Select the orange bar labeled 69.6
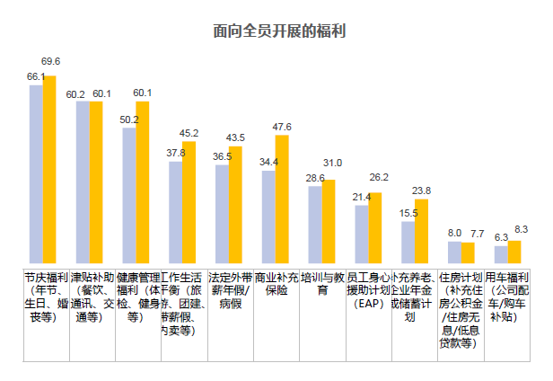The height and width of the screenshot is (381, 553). point(50,171)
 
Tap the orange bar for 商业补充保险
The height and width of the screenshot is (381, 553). point(282,200)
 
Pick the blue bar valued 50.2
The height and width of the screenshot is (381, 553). point(129,197)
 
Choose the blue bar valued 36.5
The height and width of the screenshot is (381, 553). point(222,216)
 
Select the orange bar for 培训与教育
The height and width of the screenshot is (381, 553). point(329,223)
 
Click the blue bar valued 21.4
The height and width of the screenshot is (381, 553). point(361,235)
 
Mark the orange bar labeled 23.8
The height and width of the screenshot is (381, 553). point(421,232)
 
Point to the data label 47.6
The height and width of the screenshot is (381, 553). point(282,127)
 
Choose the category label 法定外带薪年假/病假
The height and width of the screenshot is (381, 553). point(231,290)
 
